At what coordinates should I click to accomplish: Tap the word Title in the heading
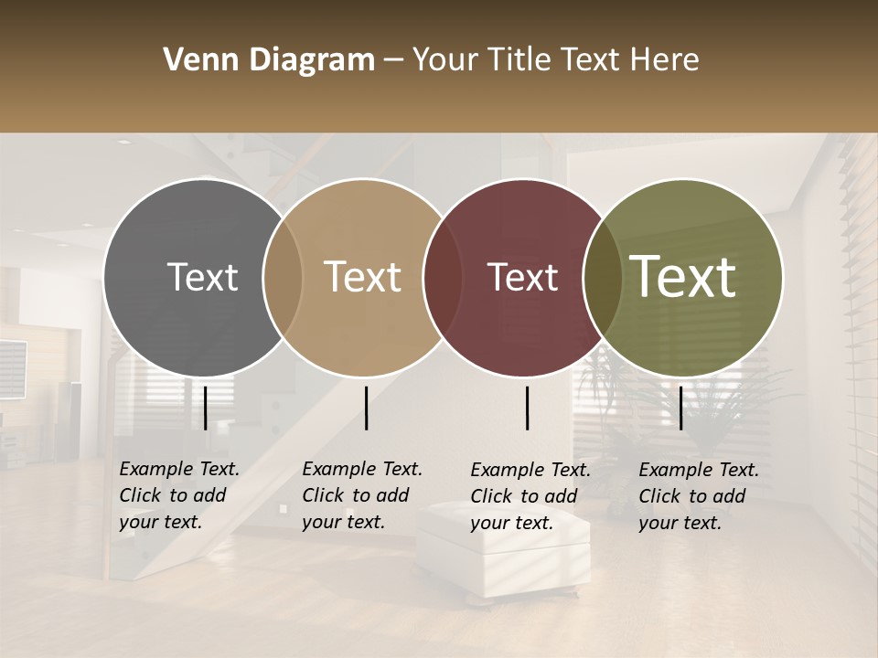click(517, 60)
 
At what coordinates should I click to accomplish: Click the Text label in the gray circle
click(202, 278)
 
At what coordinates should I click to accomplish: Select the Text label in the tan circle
click(363, 278)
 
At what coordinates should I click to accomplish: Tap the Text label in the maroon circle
click(523, 278)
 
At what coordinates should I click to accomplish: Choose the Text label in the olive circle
click(683, 278)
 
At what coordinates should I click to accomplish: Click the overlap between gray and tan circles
click(283, 278)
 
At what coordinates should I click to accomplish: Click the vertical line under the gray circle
click(205, 408)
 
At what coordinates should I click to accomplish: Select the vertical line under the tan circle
click(366, 408)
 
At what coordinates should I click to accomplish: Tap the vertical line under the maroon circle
click(528, 408)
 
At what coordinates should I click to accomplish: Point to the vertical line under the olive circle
click(680, 408)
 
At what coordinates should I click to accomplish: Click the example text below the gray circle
click(179, 495)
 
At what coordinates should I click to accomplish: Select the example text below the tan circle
click(362, 495)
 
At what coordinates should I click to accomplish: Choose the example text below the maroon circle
click(530, 496)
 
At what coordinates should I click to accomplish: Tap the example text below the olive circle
click(699, 496)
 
